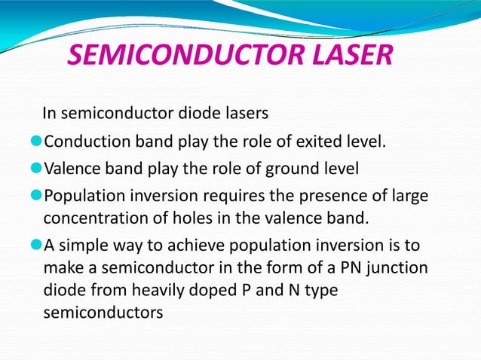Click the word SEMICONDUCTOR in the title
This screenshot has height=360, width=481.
(x=180, y=57)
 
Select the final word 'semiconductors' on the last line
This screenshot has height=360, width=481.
(x=103, y=311)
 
